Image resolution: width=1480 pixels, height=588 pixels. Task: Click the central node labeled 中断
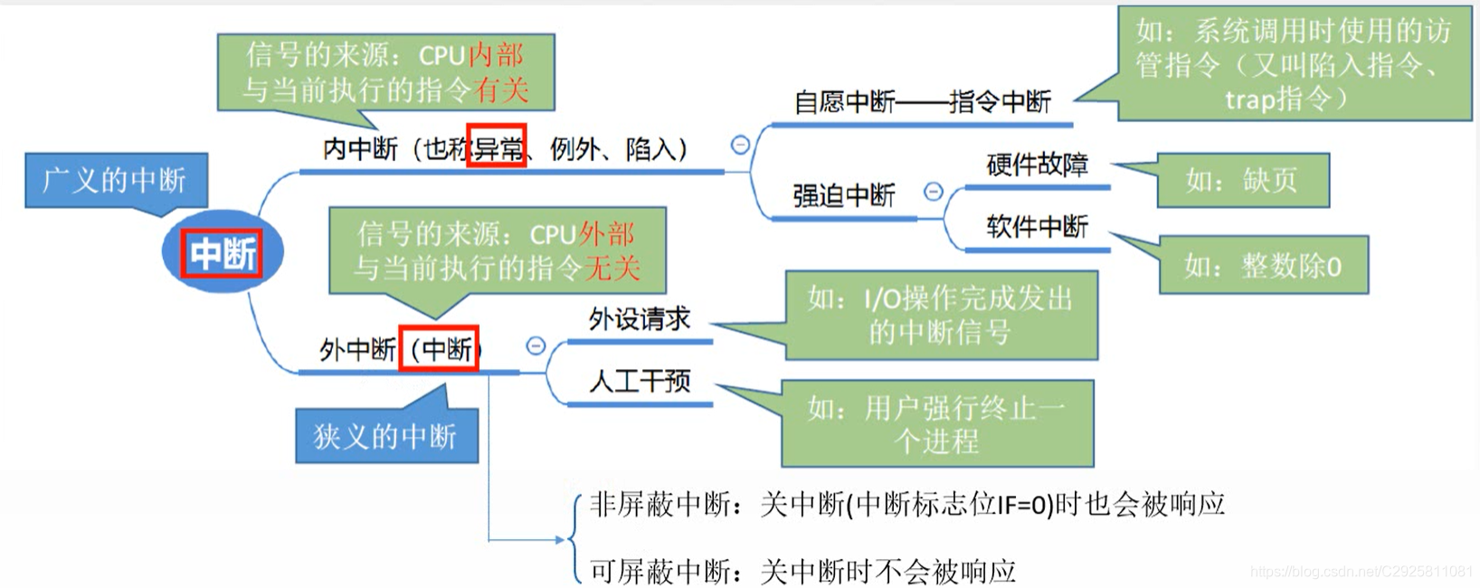tap(223, 252)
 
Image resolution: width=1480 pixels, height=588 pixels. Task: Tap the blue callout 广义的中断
tap(115, 181)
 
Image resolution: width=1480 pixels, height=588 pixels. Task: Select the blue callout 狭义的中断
tap(386, 437)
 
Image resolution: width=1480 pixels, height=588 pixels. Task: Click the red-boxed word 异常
tap(497, 147)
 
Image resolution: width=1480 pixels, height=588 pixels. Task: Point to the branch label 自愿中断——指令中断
tap(922, 102)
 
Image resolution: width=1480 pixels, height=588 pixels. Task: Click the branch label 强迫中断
tap(843, 195)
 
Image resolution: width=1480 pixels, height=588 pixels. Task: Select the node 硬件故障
tap(1037, 166)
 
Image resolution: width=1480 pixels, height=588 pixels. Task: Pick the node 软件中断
tap(1037, 227)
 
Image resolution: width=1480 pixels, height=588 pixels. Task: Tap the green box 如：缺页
tap(1242, 181)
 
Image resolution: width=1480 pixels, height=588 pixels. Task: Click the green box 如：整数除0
tap(1263, 266)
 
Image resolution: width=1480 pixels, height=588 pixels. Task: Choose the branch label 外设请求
tap(639, 319)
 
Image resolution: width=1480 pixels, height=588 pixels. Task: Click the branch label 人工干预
tap(639, 382)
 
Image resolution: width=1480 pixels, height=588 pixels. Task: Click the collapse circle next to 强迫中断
tap(933, 192)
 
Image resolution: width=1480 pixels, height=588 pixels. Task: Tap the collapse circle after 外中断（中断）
tap(536, 346)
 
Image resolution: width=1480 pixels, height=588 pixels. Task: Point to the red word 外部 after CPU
tap(608, 234)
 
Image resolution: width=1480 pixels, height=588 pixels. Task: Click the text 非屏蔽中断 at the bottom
tap(659, 505)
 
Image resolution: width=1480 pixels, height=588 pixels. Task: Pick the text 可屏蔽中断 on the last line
tap(659, 571)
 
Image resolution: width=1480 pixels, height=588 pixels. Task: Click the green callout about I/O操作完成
tap(941, 315)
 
